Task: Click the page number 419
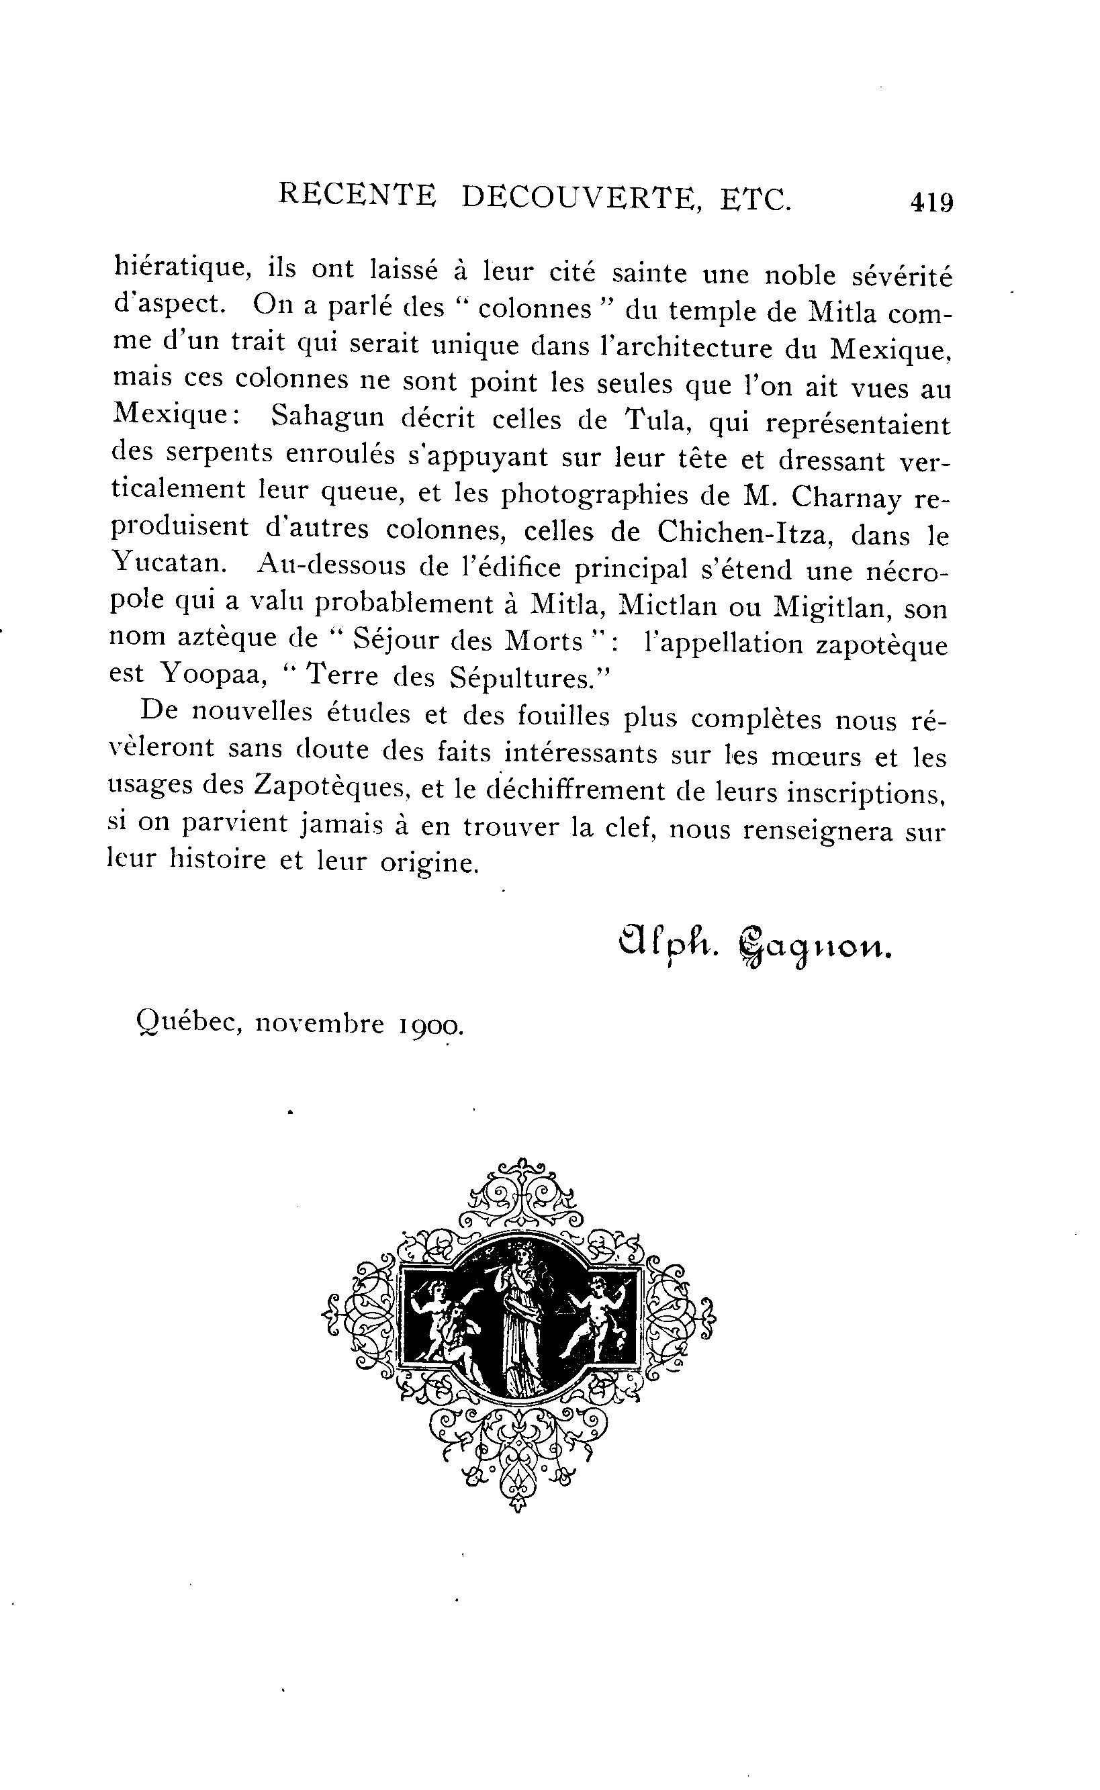pyautogui.click(x=931, y=201)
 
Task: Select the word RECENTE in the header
pyautogui.click(x=357, y=195)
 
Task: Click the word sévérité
pyautogui.click(x=899, y=276)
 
